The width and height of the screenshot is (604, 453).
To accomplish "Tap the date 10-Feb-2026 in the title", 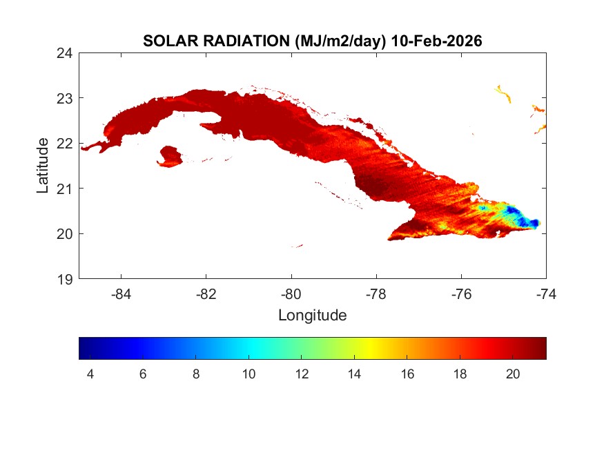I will pyautogui.click(x=436, y=41).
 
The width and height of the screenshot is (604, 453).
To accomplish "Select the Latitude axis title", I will pyautogui.click(x=43, y=165).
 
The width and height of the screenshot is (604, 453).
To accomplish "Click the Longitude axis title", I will pyautogui.click(x=312, y=316).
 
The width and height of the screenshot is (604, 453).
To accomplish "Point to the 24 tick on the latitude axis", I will pyautogui.click(x=66, y=52).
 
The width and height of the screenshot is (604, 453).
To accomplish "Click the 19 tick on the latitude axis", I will pyautogui.click(x=66, y=279).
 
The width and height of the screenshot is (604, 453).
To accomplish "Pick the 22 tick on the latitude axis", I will pyautogui.click(x=66, y=143).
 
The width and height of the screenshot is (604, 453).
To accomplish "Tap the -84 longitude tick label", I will pyautogui.click(x=121, y=293).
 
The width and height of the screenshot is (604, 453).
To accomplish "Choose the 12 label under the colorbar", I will pyautogui.click(x=301, y=374).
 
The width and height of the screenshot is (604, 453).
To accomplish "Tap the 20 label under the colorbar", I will pyautogui.click(x=512, y=374).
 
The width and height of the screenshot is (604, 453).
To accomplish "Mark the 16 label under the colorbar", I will pyautogui.click(x=407, y=374).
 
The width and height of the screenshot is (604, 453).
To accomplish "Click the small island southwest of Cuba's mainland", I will pyautogui.click(x=170, y=156).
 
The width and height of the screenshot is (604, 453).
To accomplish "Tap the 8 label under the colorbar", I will pyautogui.click(x=196, y=374).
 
